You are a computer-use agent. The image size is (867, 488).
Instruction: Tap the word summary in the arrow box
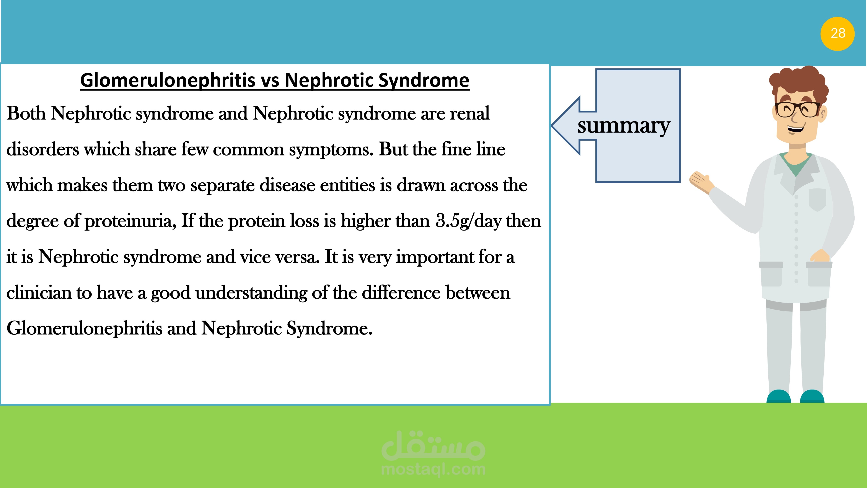(x=624, y=126)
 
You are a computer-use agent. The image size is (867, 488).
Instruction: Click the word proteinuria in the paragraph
(x=130, y=221)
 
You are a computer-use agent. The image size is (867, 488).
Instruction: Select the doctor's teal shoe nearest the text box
(x=779, y=396)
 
